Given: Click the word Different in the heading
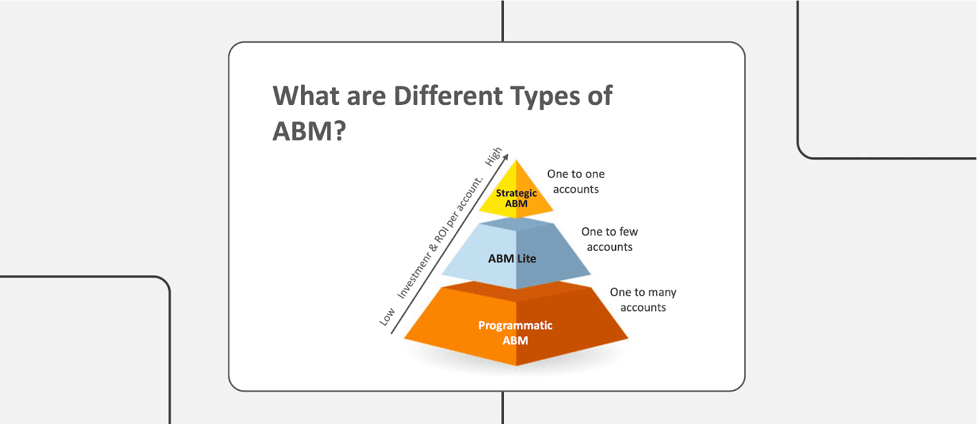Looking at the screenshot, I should [448, 96].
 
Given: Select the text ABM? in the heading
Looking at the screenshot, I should [309, 131].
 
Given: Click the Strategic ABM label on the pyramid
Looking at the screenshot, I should [516, 198].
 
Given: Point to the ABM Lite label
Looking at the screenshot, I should [512, 259].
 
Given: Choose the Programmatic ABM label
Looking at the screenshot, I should [515, 333].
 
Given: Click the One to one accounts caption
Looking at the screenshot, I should [576, 182].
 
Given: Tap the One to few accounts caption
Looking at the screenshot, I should [609, 239].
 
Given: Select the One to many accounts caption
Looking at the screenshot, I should [643, 300].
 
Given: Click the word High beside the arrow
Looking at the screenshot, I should [493, 157].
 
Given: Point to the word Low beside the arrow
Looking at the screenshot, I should [387, 317].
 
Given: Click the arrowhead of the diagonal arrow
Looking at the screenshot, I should [506, 156].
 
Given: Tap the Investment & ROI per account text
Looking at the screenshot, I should [440, 239].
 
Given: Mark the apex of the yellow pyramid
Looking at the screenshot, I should [517, 162].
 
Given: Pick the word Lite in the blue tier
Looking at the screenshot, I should [526, 259].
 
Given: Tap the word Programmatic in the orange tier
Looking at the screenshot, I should [515, 326].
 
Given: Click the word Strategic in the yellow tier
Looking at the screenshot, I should [516, 193].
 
